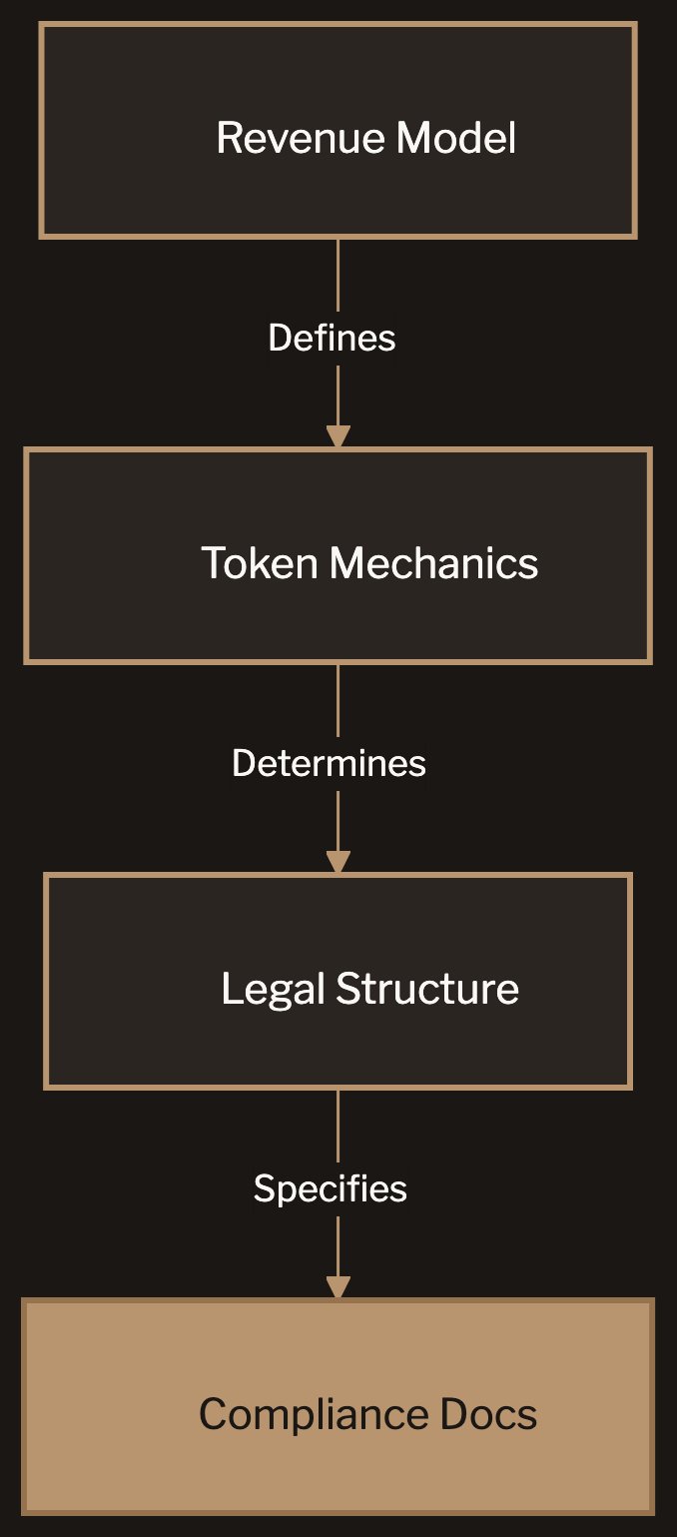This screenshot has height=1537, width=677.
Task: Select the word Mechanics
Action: coord(434,563)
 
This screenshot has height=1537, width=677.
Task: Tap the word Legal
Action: coord(273,989)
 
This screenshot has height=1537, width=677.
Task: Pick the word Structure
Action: coord(427,989)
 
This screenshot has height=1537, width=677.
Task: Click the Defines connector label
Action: coord(332,338)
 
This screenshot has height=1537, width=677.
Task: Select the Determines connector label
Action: coord(329,763)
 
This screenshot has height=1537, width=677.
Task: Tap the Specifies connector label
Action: coord(330,1188)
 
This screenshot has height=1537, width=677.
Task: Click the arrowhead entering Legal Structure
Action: coord(338,862)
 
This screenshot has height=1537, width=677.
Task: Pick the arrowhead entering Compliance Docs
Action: coord(338,1287)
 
